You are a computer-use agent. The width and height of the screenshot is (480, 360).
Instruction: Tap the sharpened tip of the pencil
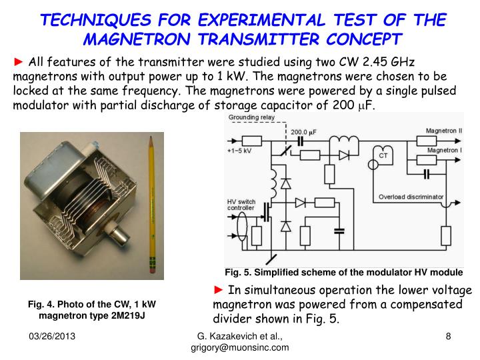point(151,137)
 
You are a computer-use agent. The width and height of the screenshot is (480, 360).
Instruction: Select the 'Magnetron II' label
point(443,131)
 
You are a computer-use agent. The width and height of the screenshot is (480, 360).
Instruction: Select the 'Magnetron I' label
point(441,151)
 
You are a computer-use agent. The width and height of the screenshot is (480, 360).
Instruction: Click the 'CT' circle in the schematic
point(383,155)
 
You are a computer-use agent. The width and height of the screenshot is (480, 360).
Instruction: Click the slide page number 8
point(449,337)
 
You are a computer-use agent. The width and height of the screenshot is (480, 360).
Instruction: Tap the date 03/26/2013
point(51,337)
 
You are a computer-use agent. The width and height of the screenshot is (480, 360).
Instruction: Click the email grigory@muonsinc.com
point(239,348)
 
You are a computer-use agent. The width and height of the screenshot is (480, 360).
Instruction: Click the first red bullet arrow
point(18,62)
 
